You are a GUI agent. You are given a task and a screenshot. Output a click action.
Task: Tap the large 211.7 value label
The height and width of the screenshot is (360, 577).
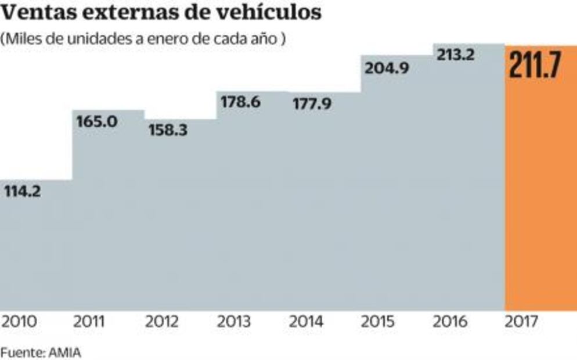coord(535,65)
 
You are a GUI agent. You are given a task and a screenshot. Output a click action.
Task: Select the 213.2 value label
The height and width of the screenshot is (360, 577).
coord(455,55)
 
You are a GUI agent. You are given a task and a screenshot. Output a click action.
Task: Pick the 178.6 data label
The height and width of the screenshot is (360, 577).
coord(240,103)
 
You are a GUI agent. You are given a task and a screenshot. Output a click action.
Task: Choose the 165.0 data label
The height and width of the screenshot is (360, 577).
coord(97,122)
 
